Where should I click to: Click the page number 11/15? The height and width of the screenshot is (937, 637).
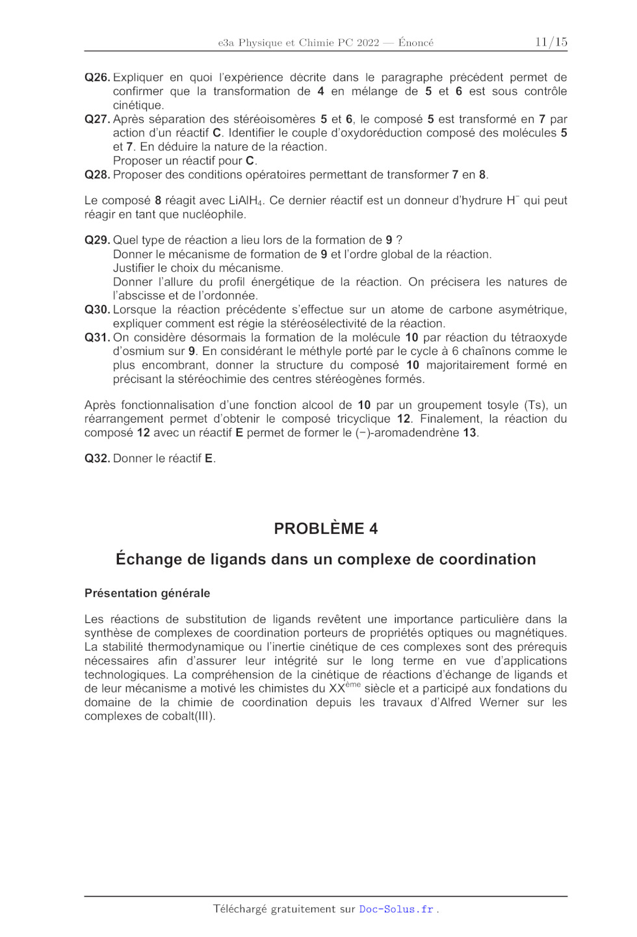551,42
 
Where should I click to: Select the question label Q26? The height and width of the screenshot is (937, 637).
97,77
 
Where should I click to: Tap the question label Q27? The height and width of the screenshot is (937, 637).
97,119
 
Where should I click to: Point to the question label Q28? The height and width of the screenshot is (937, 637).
97,175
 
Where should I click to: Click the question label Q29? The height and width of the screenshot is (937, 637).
97,240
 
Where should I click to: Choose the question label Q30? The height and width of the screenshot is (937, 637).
97,310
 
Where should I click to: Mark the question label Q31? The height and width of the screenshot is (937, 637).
97,337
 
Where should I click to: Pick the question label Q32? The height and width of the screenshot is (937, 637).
97,458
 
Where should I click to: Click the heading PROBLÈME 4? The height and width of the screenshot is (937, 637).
326,529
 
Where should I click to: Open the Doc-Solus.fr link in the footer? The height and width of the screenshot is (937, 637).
396,909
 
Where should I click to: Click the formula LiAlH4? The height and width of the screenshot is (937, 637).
246,201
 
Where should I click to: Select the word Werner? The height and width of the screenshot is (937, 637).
499,702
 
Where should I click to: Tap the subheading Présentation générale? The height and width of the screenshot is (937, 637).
147,593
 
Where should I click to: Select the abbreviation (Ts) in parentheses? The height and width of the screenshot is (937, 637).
536,405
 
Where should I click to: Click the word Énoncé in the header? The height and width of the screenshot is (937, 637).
416,43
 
